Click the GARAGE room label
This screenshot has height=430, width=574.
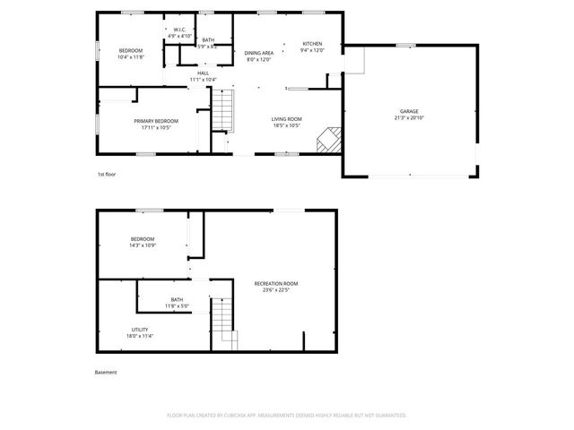[409, 111]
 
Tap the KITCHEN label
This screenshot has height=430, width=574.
[312, 44]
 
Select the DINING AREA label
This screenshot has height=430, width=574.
[259, 53]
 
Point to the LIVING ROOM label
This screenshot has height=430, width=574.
[287, 118]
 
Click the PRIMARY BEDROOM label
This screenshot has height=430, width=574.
[156, 121]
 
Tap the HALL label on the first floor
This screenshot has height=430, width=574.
[203, 73]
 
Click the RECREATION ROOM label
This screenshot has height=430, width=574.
[276, 283]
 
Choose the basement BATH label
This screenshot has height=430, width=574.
[177, 299]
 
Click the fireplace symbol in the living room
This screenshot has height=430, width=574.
[332, 138]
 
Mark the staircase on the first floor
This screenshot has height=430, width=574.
[222, 112]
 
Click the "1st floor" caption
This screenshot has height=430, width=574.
[107, 174]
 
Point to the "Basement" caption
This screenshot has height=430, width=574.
[106, 372]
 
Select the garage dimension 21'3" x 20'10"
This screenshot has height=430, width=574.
[409, 117]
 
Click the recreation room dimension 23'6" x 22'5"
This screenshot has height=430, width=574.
[276, 289]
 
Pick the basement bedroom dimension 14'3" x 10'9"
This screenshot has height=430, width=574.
[143, 245]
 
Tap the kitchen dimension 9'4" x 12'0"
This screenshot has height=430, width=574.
[312, 50]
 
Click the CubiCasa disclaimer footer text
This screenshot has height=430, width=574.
[287, 416]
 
